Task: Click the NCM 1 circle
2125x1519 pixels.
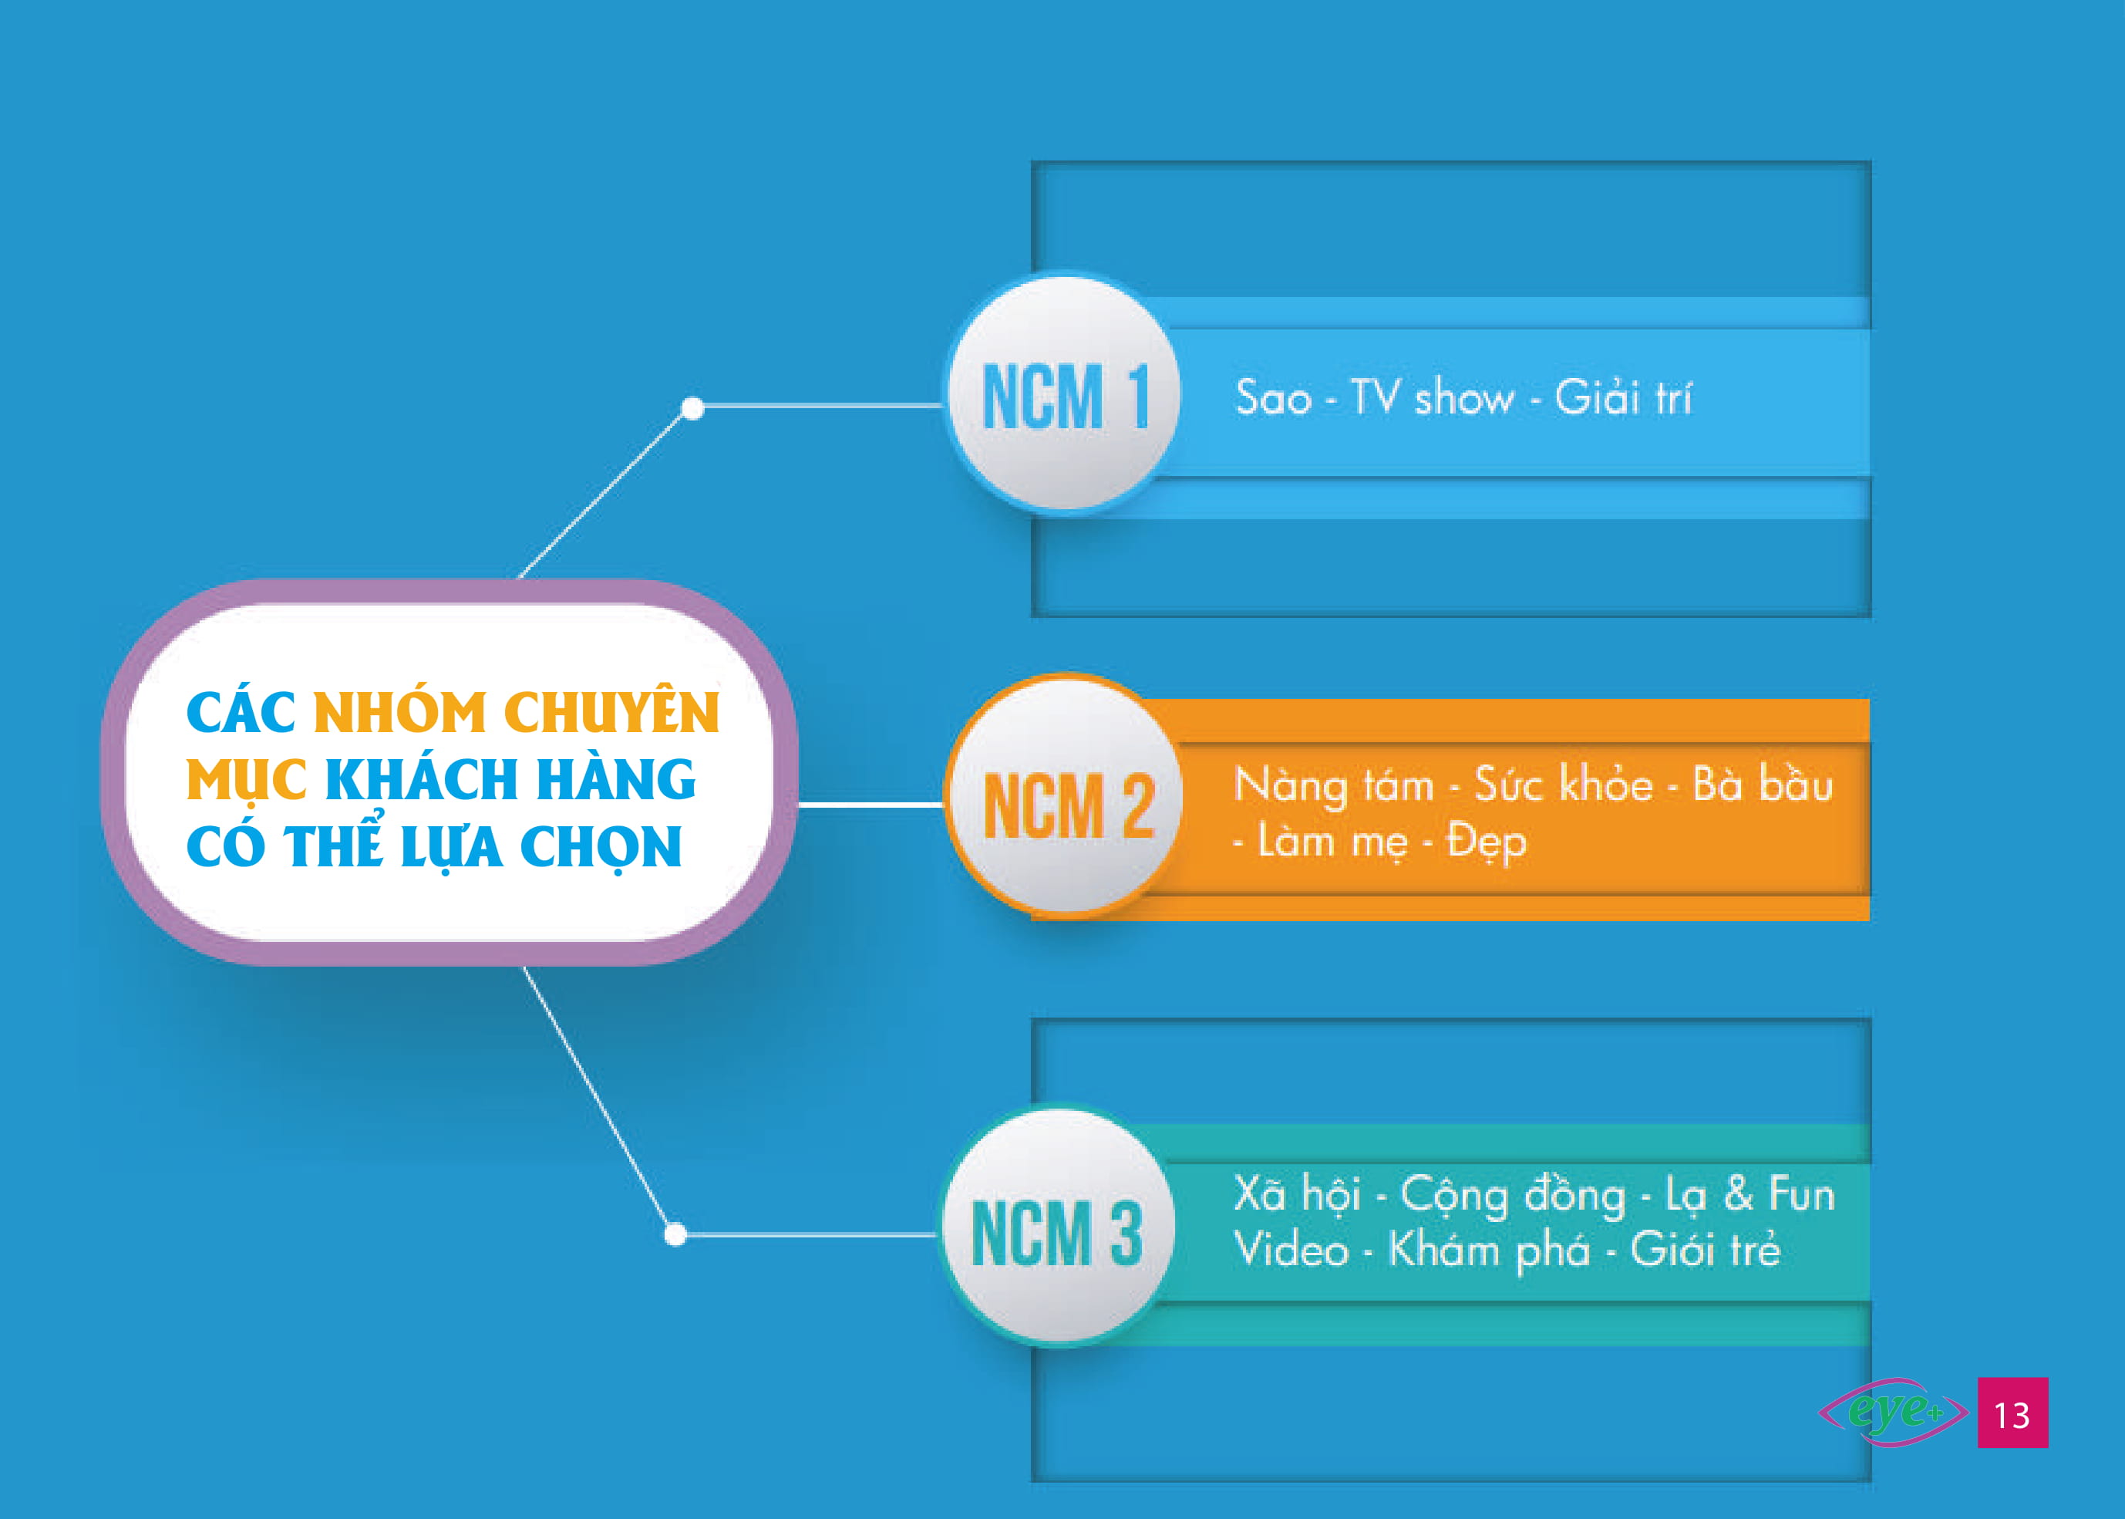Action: click(x=1064, y=393)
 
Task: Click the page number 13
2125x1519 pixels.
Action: click(x=2012, y=1413)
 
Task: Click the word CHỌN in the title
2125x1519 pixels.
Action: click(x=600, y=847)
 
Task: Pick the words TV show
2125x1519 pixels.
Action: click(x=1433, y=397)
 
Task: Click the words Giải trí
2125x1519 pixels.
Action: click(x=1622, y=397)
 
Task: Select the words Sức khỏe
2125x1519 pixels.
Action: click(x=1563, y=784)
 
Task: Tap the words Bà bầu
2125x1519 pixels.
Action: click(x=1763, y=784)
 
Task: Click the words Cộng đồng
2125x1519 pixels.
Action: click(x=1513, y=1197)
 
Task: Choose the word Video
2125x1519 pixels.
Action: click(x=1290, y=1250)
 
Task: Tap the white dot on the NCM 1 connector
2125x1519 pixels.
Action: click(x=692, y=408)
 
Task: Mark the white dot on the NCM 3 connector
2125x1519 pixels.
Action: click(x=676, y=1234)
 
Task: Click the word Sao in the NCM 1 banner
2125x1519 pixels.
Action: click(x=1273, y=398)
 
